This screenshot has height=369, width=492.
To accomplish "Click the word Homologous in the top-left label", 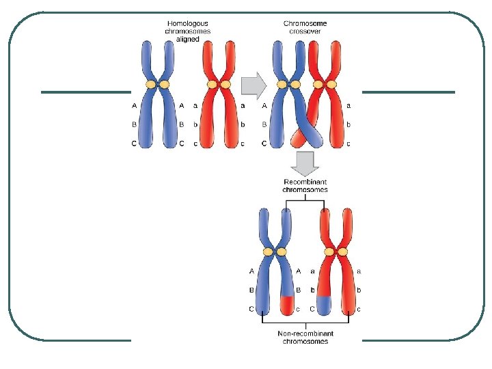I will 188,24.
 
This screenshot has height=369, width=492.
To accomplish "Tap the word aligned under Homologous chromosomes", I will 188,39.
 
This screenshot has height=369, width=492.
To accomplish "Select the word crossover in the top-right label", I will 305,31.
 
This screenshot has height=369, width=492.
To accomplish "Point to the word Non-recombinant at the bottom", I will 305,334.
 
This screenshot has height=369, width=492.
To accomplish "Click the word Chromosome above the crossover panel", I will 305,24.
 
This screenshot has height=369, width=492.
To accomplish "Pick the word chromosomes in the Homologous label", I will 188,31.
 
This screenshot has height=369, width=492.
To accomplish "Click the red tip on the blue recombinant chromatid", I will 288,303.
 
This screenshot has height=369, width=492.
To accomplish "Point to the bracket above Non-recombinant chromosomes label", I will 305,322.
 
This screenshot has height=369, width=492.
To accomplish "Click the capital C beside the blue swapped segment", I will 312,309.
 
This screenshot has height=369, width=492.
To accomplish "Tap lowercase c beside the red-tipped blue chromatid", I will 298,309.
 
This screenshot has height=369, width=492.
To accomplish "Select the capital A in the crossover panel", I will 264,106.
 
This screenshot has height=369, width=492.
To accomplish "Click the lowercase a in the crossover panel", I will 348,106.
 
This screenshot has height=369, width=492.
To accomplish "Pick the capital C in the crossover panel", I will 264,143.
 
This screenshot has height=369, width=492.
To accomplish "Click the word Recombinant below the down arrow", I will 305,182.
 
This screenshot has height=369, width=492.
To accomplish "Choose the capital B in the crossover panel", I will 264,125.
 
